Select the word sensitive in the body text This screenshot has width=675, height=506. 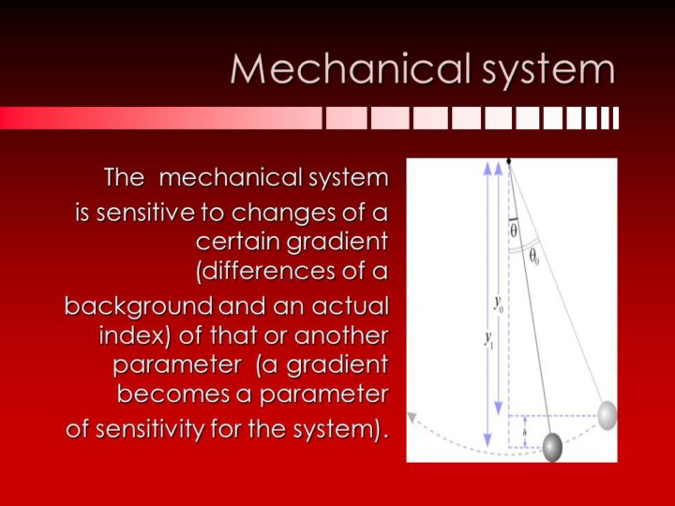(144, 212)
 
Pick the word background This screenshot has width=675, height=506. (139, 306)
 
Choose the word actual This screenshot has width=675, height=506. (350, 305)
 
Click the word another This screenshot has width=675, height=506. (341, 335)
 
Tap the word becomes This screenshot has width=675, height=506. (173, 394)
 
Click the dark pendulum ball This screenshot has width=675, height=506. (552, 448)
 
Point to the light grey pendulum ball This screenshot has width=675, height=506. (607, 415)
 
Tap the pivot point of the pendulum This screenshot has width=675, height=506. (509, 161)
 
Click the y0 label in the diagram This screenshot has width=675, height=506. (500, 305)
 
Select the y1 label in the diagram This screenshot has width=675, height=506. (488, 339)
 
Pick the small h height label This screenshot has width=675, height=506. (524, 432)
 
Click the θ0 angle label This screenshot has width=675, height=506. (533, 258)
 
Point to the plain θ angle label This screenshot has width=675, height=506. (514, 231)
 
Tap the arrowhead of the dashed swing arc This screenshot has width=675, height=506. (412, 417)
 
